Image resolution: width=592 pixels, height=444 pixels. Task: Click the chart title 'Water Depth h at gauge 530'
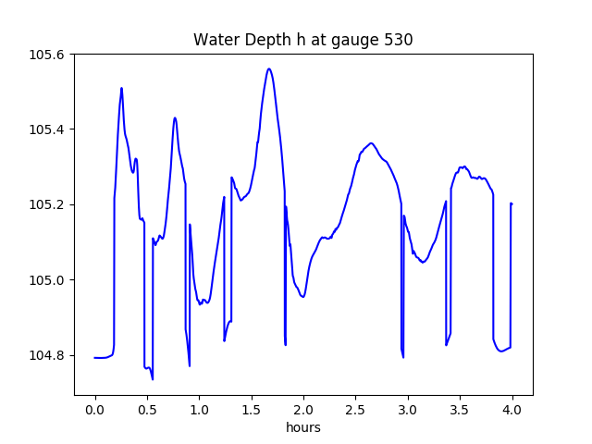302,40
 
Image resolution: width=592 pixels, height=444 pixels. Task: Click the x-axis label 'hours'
302,428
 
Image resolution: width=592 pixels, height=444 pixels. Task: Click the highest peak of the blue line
269,68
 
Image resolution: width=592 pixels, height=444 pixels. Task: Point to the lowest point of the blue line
153,378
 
